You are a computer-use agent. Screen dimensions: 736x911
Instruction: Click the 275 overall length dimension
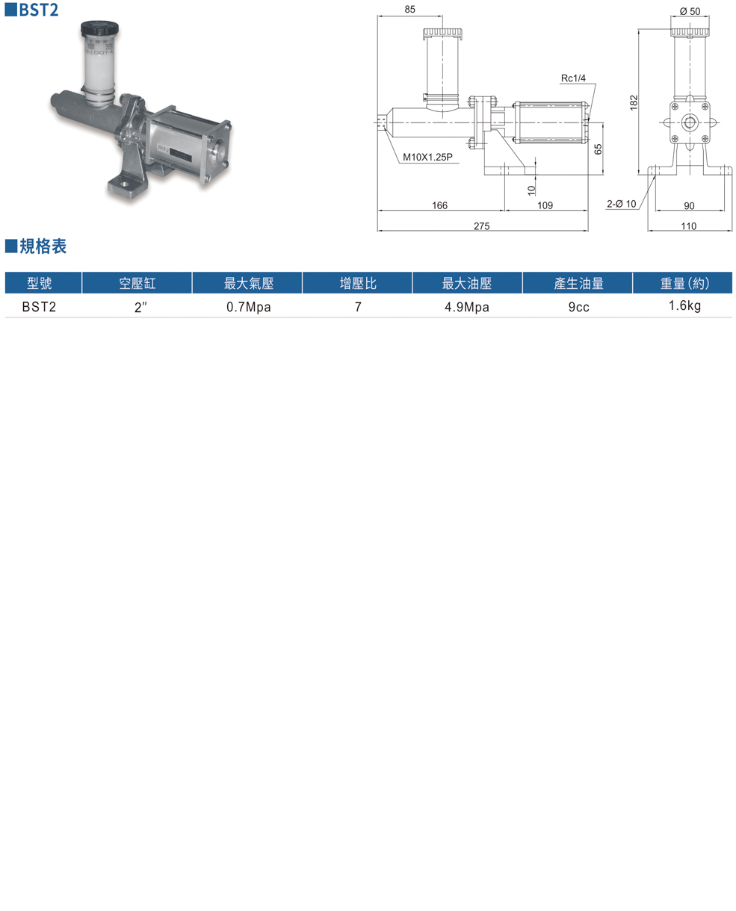tap(481, 226)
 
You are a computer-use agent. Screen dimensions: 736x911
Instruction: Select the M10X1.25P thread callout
tap(427, 157)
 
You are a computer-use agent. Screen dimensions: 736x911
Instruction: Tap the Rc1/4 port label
tap(573, 78)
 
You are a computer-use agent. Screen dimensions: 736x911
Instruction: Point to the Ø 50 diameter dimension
tap(690, 11)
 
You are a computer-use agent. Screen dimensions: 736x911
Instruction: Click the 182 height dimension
tap(634, 102)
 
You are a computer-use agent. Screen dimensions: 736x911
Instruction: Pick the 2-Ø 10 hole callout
tap(622, 204)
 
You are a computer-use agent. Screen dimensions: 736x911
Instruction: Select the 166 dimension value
tap(439, 205)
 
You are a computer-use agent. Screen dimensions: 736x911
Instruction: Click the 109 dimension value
tap(545, 205)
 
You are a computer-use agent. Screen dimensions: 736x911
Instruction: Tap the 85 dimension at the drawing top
tap(409, 10)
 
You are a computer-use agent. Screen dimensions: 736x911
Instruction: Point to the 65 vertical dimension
tap(598, 149)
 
